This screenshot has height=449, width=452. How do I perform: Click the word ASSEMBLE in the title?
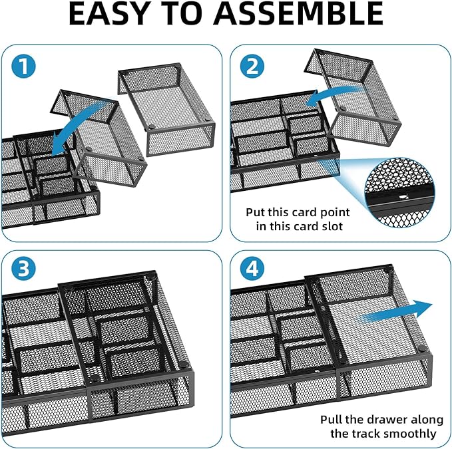[x=313, y=14]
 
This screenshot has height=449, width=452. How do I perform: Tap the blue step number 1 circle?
[x=24, y=66]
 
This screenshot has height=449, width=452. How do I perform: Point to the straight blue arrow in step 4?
[x=393, y=313]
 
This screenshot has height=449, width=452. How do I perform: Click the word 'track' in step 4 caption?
[x=367, y=434]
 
